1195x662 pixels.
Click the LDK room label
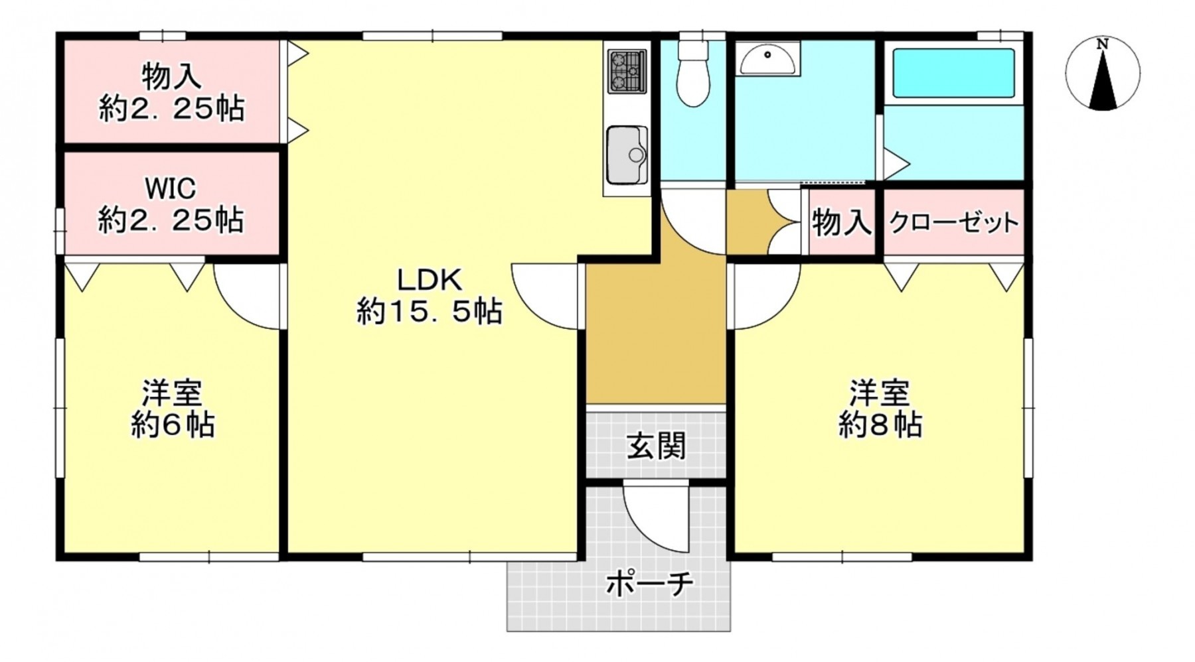click(x=429, y=280)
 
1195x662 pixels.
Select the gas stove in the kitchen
click(x=626, y=70)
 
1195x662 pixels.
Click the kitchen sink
click(x=627, y=155)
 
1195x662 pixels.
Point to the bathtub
click(x=953, y=73)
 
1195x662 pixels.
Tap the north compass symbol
click(x=1102, y=73)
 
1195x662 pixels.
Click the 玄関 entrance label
click(x=656, y=446)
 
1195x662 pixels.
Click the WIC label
click(x=171, y=188)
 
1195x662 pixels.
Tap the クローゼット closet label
click(x=953, y=223)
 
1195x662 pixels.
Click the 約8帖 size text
click(x=880, y=425)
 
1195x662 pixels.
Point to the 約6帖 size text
click(x=172, y=425)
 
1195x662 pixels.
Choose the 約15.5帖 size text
click(x=429, y=310)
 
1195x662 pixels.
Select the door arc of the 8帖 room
click(x=763, y=295)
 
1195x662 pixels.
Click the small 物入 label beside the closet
click(x=841, y=222)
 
